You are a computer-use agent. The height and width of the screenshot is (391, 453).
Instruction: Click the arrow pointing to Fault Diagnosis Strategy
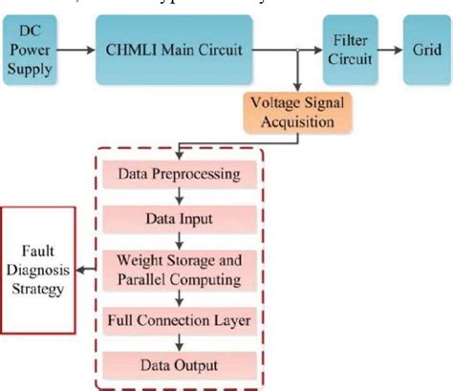(x=86, y=269)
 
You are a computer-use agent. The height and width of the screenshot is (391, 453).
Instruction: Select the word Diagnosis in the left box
(x=36, y=269)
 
